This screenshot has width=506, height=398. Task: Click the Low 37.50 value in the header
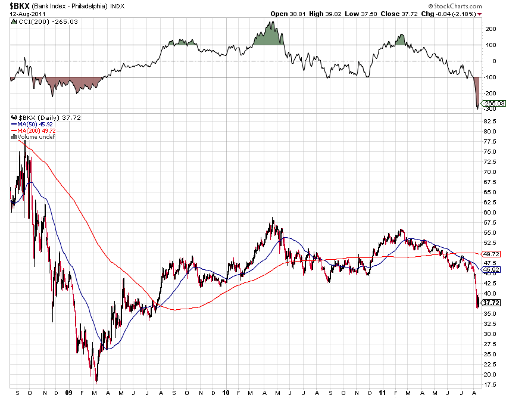[364, 13]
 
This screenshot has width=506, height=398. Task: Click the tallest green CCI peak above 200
[271, 24]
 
